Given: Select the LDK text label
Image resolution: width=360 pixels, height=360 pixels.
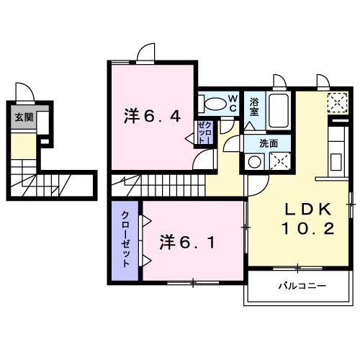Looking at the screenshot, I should click(x=305, y=210).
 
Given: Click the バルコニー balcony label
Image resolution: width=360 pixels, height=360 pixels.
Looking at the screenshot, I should click(x=302, y=287).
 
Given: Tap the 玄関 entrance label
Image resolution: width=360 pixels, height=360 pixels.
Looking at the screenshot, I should click(x=24, y=117).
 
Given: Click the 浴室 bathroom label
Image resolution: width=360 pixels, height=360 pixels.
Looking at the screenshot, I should click(x=254, y=107).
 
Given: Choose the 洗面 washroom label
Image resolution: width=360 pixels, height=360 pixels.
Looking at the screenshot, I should click(x=268, y=143).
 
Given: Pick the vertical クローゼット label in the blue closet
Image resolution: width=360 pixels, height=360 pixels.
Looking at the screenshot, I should click(x=125, y=240).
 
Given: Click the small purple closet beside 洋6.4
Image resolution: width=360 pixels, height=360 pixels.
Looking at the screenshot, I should click(x=203, y=133).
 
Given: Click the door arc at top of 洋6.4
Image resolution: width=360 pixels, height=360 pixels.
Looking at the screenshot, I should click(x=146, y=53).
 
